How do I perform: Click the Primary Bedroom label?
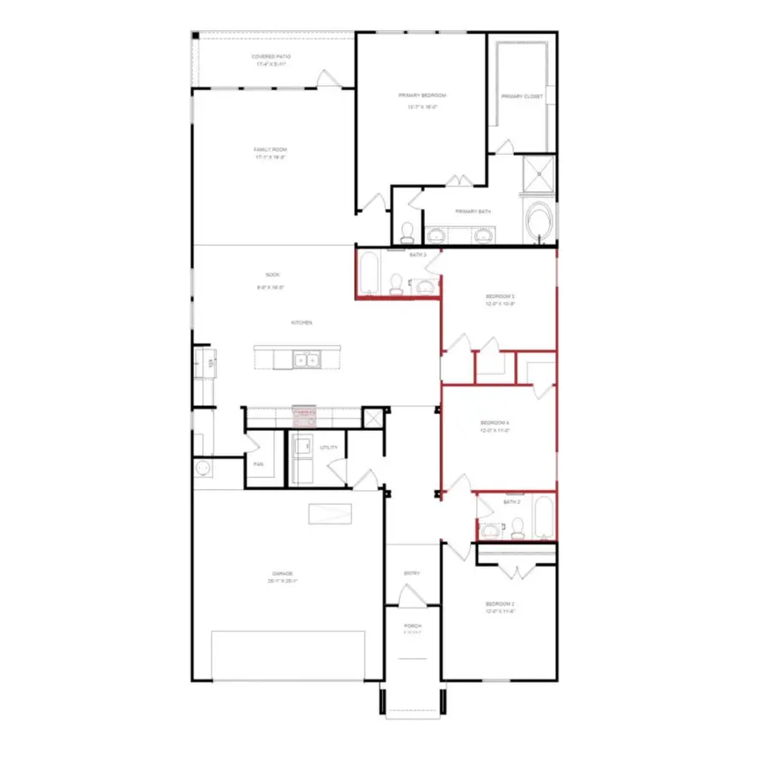click(422, 95)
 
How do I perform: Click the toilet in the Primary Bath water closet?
click(408, 230)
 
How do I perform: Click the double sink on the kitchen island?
click(306, 361)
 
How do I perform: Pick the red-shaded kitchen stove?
click(304, 417)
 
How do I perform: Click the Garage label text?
click(283, 573)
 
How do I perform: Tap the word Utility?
click(329, 448)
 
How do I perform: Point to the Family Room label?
click(270, 150)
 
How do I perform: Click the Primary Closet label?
click(522, 97)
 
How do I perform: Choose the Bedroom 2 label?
click(499, 604)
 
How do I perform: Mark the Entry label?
click(412, 574)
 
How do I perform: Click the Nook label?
click(272, 275)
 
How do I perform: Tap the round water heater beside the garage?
click(203, 468)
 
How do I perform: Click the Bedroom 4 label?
click(495, 423)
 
